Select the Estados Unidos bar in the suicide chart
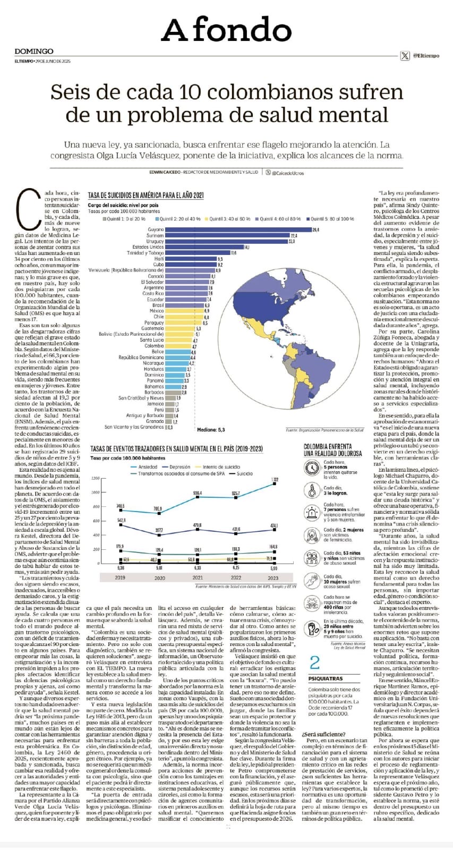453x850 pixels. [204, 247]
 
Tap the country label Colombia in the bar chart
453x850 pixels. [154, 346]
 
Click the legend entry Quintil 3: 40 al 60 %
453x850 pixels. [229, 219]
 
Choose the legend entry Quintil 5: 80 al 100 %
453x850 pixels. [332, 219]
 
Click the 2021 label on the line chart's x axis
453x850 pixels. [198, 577]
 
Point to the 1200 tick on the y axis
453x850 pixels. [96, 478]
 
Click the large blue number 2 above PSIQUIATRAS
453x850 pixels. [315, 662]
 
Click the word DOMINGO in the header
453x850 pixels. [34, 52]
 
